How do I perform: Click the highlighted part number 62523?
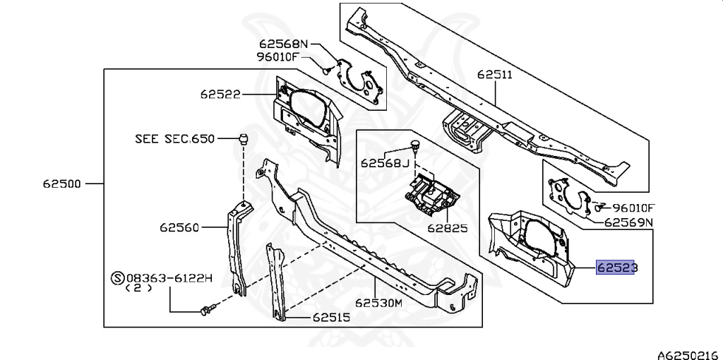tap(617, 268)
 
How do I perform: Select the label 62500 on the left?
tap(62, 184)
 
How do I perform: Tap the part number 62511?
tap(496, 73)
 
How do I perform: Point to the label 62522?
tap(220, 93)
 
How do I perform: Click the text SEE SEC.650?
tap(174, 139)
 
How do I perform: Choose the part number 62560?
tap(180, 227)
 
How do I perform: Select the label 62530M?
tap(378, 304)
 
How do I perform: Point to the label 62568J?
tap(385, 163)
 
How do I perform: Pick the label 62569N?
tap(628, 222)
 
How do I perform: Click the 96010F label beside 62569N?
tap(633, 208)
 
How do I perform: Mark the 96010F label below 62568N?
tap(277, 56)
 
